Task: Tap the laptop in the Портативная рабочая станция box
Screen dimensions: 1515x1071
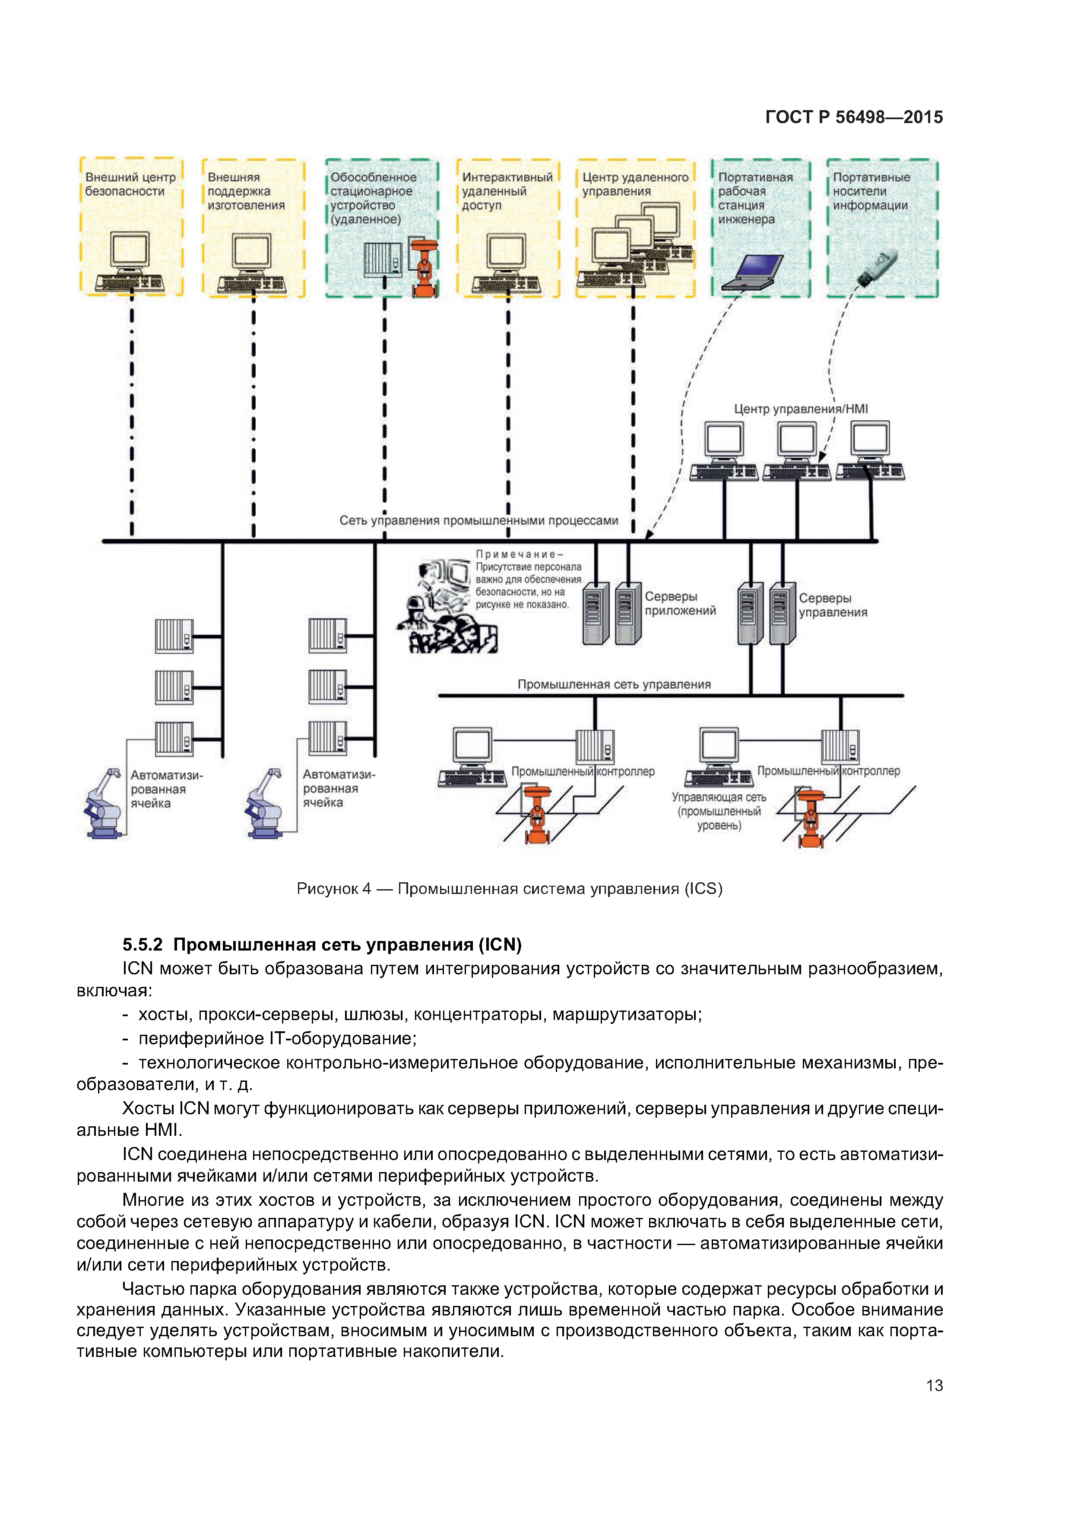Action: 753,271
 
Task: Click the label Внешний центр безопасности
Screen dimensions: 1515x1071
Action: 130,184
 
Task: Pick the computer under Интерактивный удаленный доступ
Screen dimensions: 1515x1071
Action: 506,263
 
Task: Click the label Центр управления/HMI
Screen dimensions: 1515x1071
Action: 801,409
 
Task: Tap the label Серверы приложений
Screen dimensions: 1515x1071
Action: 680,603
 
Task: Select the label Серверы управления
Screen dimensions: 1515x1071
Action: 832,605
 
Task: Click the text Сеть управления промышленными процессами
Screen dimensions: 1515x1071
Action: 478,520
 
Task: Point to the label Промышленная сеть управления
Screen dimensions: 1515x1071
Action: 614,684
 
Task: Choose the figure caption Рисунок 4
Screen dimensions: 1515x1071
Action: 510,889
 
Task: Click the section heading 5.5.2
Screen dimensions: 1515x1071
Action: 322,945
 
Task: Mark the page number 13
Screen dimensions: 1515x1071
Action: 935,1385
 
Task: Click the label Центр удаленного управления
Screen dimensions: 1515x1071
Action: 635,184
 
